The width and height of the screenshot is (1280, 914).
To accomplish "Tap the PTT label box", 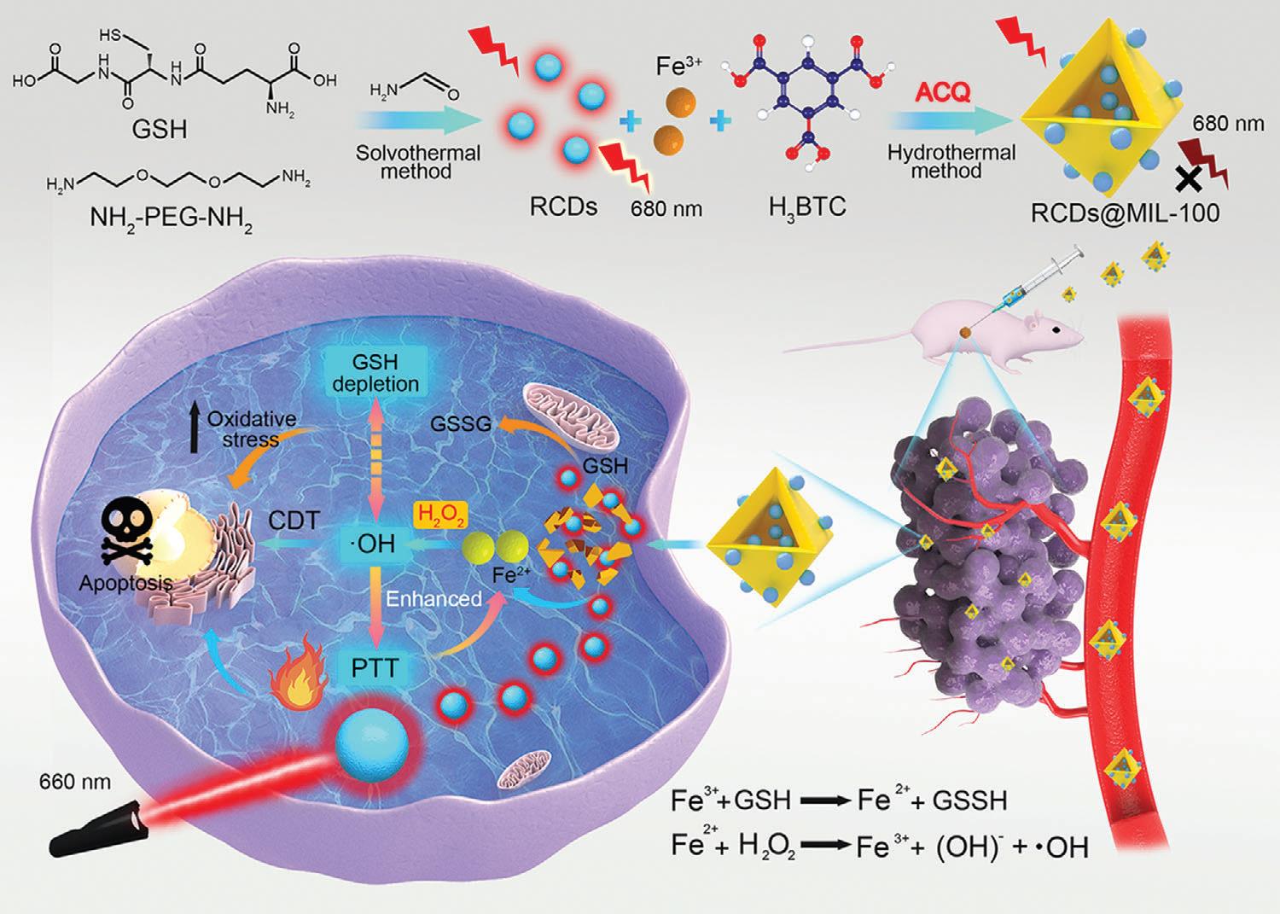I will (x=375, y=667).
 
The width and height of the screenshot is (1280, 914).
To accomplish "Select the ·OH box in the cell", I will (x=374, y=543).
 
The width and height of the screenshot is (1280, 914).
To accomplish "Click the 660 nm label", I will (x=74, y=781).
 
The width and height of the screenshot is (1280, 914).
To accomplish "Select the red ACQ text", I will (x=942, y=92).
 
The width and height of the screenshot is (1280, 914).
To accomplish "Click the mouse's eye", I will (x=1056, y=329).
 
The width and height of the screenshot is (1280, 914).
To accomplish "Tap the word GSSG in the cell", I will (x=461, y=423).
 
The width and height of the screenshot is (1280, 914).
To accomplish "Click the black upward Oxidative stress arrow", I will (x=195, y=430).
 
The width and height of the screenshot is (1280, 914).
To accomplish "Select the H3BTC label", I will (x=806, y=207).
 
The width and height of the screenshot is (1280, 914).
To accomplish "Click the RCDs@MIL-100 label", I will (x=1125, y=212).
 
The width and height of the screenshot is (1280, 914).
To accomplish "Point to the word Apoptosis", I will (x=125, y=584).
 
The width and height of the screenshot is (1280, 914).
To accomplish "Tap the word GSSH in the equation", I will (x=969, y=800).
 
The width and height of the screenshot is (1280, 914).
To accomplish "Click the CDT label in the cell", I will (x=294, y=520).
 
